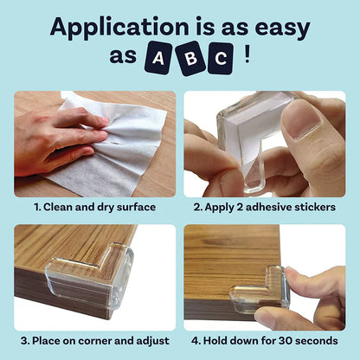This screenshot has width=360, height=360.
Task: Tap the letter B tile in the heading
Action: coord(189,60)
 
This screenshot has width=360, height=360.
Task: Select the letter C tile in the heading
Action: coord(221,60)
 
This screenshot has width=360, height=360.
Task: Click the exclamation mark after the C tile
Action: coord(248,57)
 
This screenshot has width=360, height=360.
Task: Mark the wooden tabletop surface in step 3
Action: coord(65,251)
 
